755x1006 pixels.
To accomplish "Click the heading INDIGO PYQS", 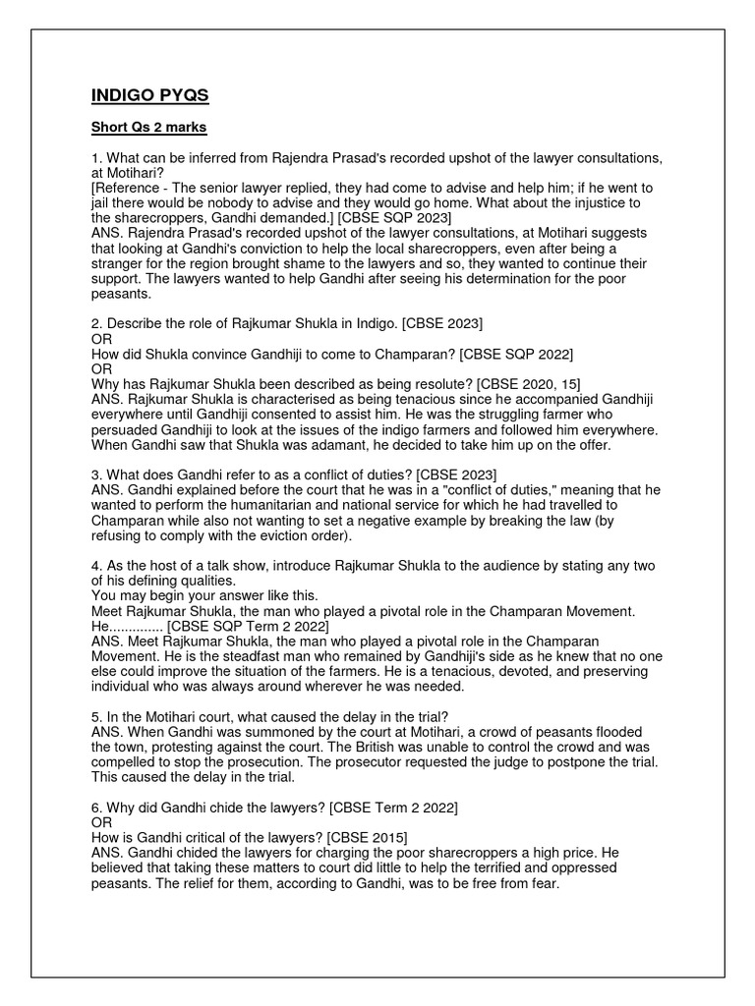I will [149, 95].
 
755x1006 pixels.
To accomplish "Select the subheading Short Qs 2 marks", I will [148, 128].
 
